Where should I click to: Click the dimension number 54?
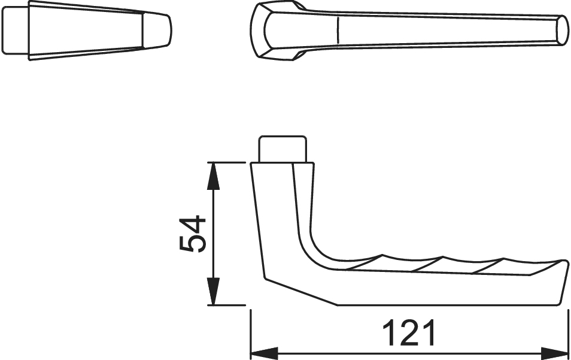pos(193,234)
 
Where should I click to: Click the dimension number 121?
pos(409,332)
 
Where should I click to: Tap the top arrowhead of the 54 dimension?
pos(214,176)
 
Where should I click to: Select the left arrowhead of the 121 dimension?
pos(265,353)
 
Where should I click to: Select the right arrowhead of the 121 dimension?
pos(554,353)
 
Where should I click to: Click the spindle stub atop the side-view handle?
pos(283,149)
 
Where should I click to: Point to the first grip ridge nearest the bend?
pos(364,262)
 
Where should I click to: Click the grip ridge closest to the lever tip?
pos(488,266)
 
